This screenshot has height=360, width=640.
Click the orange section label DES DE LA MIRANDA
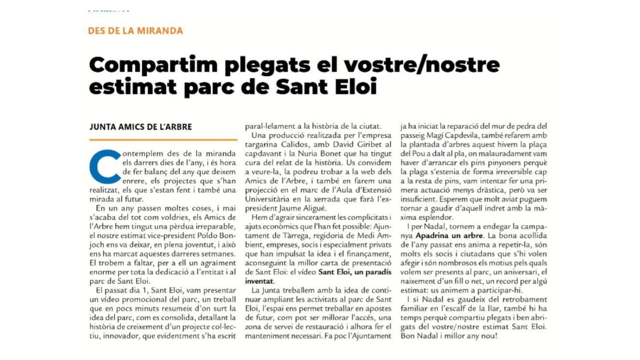[x=135, y=31]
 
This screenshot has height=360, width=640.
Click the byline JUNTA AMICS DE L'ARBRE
[x=140, y=127]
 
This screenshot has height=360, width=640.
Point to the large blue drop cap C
[x=106, y=166]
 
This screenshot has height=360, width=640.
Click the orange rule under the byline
[x=163, y=140]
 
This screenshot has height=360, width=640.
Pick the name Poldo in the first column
[x=209, y=235]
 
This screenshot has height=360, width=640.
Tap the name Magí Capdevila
[x=443, y=136]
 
